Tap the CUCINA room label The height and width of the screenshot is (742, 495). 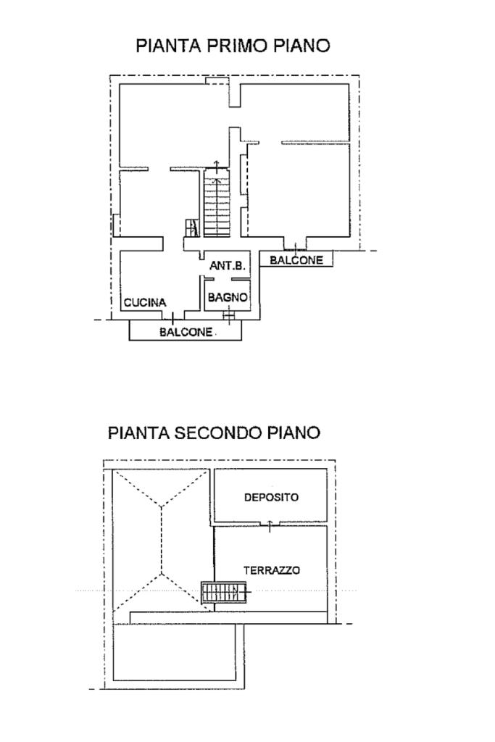[x=145, y=302]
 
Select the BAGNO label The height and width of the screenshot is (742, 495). [x=228, y=297]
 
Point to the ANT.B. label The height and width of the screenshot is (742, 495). [x=227, y=265]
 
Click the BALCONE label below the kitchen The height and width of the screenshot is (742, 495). [x=186, y=332]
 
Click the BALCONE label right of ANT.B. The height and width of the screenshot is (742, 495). [x=296, y=260]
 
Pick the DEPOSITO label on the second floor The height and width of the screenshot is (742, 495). [x=271, y=497]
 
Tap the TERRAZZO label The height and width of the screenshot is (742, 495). [x=272, y=570]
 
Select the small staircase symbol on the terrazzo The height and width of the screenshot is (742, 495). [x=224, y=592]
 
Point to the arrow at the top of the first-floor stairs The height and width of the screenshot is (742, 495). [x=217, y=167]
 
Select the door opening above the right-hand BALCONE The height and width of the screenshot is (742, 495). [x=295, y=246]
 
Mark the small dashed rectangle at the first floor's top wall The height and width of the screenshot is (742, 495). [x=217, y=81]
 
